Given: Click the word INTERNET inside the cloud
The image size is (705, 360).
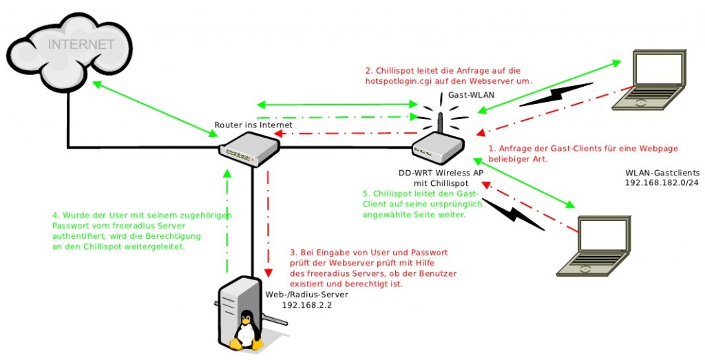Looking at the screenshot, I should [81, 45].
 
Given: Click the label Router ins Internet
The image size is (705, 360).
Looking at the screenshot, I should [253, 125].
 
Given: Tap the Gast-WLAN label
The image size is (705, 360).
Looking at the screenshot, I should [467, 96].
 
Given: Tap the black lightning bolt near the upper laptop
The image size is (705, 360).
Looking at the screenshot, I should [555, 96].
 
